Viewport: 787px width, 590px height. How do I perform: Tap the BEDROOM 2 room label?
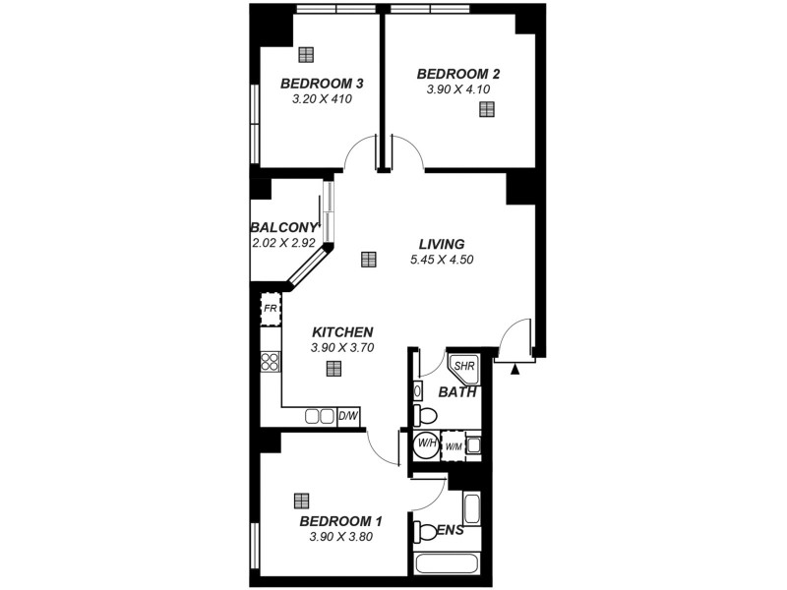pyautogui.click(x=458, y=74)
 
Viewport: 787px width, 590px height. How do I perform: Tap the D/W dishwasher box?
pyautogui.click(x=348, y=416)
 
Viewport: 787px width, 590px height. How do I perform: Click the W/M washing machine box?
pyautogui.click(x=454, y=447)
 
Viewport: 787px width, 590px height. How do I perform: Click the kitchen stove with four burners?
pyautogui.click(x=271, y=362)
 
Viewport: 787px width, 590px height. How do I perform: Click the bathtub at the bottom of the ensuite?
pyautogui.click(x=448, y=564)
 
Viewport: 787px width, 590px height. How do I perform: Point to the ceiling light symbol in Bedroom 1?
pyautogui.click(x=301, y=500)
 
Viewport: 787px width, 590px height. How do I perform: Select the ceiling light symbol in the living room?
pyautogui.click(x=368, y=260)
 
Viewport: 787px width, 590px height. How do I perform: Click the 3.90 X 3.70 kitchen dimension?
pyautogui.click(x=341, y=347)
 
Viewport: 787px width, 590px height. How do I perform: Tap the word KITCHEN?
pyautogui.click(x=342, y=331)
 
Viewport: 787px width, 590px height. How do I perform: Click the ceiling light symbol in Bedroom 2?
pyautogui.click(x=486, y=109)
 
